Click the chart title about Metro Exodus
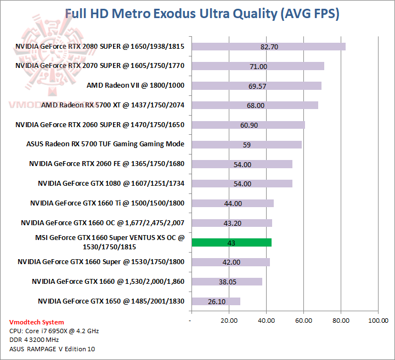(202, 14)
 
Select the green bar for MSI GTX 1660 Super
(231, 242)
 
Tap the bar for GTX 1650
(216, 301)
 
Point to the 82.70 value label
(269, 47)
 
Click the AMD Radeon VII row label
(136, 85)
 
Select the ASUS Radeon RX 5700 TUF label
(105, 144)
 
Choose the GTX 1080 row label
(111, 184)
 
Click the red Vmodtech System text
(37, 322)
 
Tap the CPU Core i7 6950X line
(54, 331)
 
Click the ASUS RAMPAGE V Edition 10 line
(53, 349)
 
